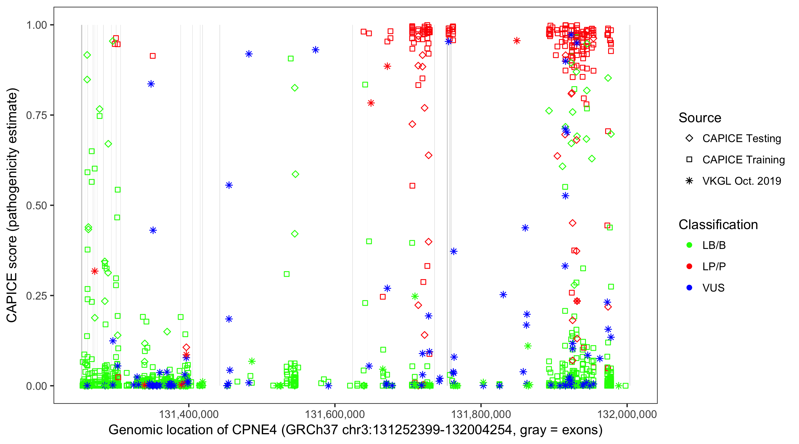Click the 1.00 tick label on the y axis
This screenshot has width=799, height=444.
tap(36, 25)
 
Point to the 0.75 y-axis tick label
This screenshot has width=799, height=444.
tap(36, 115)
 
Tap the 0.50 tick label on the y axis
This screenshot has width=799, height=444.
tap(36, 206)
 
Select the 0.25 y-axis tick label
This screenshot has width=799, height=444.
tap(36, 296)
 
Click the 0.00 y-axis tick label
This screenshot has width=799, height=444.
tap(36, 386)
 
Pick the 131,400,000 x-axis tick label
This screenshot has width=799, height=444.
tap(189, 414)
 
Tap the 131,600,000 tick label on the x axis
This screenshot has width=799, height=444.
tap(335, 414)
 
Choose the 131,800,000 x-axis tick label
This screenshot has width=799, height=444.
tap(481, 414)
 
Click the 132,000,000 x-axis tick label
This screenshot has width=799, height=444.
tap(627, 414)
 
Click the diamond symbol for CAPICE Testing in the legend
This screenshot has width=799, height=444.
tap(689, 139)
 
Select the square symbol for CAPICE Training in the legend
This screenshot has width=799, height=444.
tap(689, 160)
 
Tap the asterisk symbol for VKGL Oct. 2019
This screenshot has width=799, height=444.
tap(689, 181)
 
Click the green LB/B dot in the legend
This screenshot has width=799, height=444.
tap(689, 245)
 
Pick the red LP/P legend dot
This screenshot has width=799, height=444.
tap(689, 266)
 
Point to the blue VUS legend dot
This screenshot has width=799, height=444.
tap(689, 288)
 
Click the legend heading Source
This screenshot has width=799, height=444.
tap(700, 118)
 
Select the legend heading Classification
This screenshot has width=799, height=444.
tap(718, 225)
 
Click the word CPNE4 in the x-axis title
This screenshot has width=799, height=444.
tap(254, 430)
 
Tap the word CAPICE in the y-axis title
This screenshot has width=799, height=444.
tap(12, 298)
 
